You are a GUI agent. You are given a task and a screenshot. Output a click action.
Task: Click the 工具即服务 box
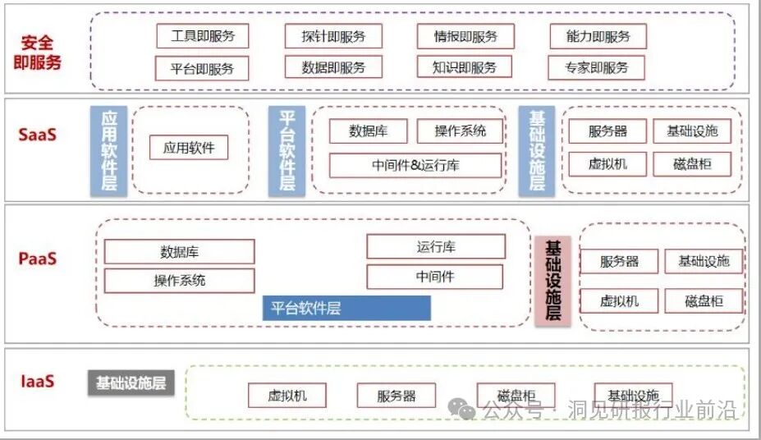coord(202,36)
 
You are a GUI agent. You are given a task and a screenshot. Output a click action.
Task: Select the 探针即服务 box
coord(333,36)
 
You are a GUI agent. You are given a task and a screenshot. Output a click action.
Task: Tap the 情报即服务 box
coord(465,36)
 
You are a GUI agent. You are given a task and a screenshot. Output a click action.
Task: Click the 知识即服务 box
coord(465,67)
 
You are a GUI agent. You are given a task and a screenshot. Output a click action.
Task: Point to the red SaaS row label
coord(38,134)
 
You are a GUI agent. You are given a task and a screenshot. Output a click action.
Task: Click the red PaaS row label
coord(38,259)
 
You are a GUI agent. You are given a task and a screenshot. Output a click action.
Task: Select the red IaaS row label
coord(38,381)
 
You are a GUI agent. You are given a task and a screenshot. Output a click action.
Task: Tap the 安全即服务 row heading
coord(38,51)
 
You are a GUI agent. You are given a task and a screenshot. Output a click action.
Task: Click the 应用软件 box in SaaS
coord(189,148)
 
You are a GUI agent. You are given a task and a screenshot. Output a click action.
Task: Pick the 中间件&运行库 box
coord(415,165)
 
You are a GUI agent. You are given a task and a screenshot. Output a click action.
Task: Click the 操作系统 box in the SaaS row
coord(460,131)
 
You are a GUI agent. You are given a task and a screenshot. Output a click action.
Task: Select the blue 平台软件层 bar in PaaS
coord(346,309)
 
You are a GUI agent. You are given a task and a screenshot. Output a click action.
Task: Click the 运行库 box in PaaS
coord(435,247)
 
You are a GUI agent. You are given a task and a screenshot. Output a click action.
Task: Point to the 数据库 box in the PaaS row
coord(179,251)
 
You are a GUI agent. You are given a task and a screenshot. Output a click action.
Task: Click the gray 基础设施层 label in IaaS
coord(131,383)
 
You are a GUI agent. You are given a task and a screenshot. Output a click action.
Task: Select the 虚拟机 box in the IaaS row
coord(287,396)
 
